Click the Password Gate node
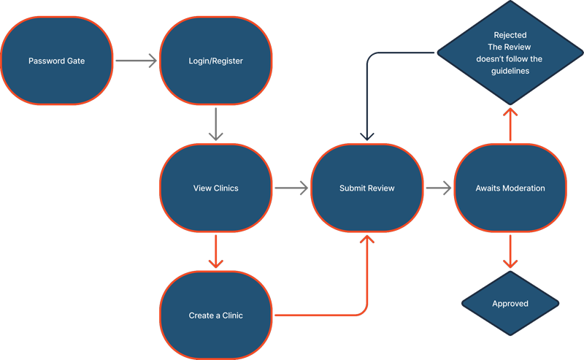tap(56, 61)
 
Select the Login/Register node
tap(215, 61)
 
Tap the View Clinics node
tap(215, 188)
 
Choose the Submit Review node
tap(366, 188)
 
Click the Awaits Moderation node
tap(510, 188)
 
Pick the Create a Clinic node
tap(215, 315)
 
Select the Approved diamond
tap(510, 304)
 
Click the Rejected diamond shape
tap(510, 53)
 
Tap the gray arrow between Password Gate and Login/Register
tap(137, 61)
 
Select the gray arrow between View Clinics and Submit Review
tap(291, 188)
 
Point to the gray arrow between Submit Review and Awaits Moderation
tap(438, 188)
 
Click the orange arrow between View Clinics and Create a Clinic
tap(215, 252)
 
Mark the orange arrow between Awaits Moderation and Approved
tap(510, 252)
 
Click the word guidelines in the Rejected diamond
tap(510, 72)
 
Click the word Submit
tap(352, 188)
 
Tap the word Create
tap(201, 315)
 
